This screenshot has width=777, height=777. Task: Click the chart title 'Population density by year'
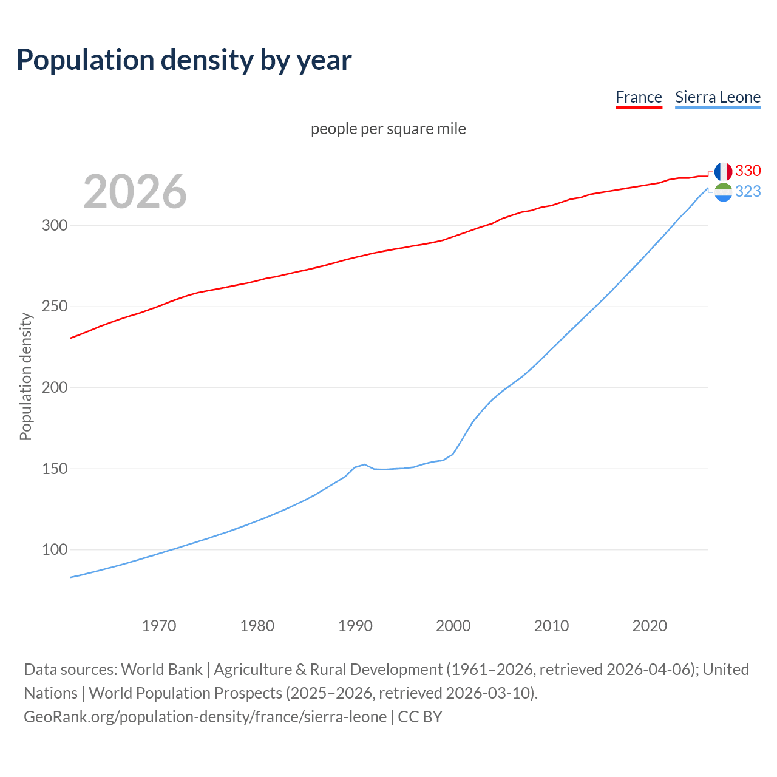[x=184, y=60]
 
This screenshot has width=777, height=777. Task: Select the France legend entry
[x=639, y=97]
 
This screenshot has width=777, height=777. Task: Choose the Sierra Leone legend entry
[x=718, y=97]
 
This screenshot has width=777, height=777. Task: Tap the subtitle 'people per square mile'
[x=388, y=129]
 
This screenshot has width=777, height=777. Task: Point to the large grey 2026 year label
[x=135, y=192]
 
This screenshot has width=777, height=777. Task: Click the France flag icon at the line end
[x=723, y=172]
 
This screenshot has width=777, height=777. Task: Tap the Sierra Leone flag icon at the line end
[x=723, y=192]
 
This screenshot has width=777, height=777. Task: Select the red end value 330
[x=748, y=171]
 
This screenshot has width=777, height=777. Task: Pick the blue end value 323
[x=748, y=191]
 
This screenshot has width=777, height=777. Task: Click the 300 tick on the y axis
[x=54, y=225]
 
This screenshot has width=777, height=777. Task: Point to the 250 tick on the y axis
[x=54, y=307]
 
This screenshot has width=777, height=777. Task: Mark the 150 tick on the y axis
[x=54, y=469]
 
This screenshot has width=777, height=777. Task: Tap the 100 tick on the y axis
[x=54, y=550]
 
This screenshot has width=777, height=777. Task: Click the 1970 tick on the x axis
[x=159, y=625]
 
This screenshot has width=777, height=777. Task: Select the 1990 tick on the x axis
[x=355, y=625]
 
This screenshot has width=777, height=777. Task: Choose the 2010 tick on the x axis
[x=551, y=625]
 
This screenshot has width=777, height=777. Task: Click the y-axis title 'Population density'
[x=25, y=376]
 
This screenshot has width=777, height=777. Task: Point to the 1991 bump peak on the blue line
[x=364, y=464]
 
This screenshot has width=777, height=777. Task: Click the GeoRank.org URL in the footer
[x=205, y=717]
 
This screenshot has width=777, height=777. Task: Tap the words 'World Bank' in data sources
[x=161, y=670]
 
